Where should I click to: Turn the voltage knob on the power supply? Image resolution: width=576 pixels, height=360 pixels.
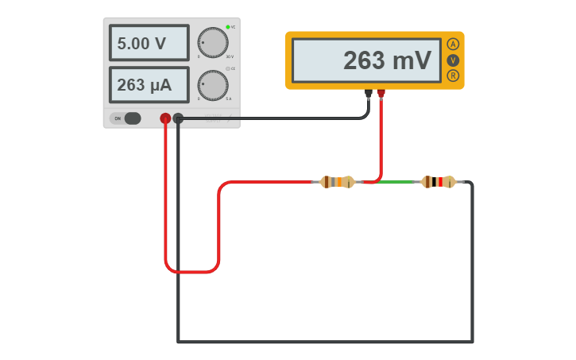pos(212,43)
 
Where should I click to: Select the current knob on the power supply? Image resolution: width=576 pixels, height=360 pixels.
pos(212,85)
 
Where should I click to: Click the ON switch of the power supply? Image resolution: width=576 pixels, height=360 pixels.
pos(127,118)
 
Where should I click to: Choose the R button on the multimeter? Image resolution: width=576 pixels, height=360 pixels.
pos(453,75)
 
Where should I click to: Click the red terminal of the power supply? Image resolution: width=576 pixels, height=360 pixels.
pos(165,118)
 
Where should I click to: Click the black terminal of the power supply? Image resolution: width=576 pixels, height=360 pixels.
pos(178,118)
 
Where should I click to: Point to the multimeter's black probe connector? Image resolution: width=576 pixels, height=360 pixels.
pos(369,93)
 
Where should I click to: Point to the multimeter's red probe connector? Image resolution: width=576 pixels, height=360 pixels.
pos(381,93)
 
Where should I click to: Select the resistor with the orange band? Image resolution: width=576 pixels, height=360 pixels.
pos(337,182)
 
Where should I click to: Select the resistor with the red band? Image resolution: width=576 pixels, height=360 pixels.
pos(439,182)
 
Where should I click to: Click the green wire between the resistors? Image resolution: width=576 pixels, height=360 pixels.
pos(396,182)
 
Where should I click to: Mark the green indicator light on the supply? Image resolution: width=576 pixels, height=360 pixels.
pos(228,27)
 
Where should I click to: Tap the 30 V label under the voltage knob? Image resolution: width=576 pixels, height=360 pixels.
pos(230,57)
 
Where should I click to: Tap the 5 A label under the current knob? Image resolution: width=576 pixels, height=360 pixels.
pos(229,99)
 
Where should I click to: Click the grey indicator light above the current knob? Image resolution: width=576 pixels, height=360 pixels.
pos(227,69)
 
